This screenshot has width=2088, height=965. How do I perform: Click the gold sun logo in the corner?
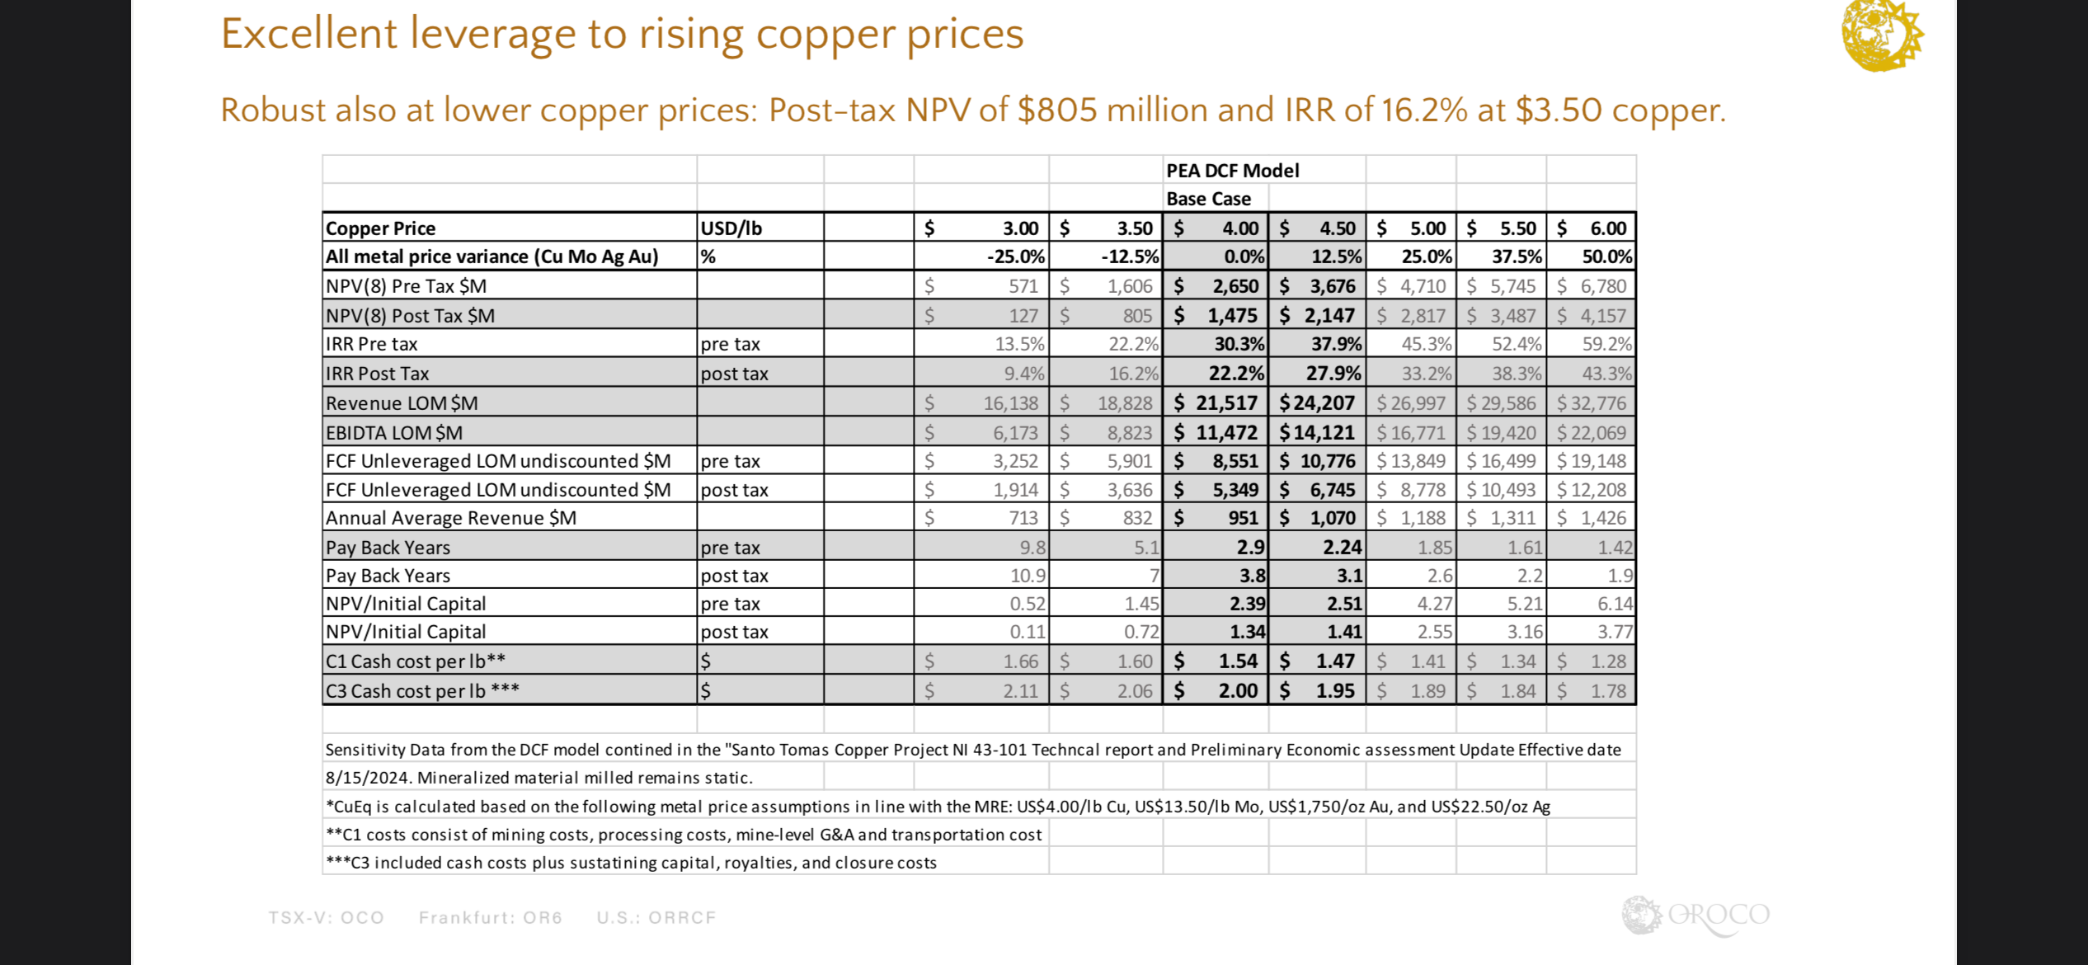point(1881,35)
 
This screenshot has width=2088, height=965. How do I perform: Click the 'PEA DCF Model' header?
point(1232,171)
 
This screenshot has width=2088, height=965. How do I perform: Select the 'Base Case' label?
point(1208,199)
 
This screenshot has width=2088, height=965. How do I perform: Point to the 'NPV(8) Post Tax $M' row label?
point(410,316)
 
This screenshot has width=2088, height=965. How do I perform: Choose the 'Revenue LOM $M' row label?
point(402,403)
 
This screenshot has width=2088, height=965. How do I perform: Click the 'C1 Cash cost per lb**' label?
point(415,661)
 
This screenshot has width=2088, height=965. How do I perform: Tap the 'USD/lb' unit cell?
point(731,228)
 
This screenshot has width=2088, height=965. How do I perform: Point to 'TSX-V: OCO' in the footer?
point(327,918)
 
